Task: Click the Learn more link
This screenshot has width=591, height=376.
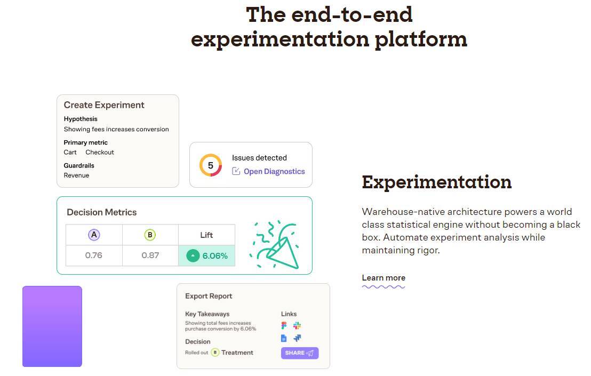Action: [x=384, y=278]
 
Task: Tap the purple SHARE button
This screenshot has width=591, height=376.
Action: [x=300, y=353]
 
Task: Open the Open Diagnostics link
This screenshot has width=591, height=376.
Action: [x=274, y=171]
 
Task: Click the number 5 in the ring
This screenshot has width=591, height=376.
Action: [x=210, y=165]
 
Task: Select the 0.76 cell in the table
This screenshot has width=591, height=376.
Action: [x=94, y=255]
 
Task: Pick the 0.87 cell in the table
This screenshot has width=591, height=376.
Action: [x=150, y=255]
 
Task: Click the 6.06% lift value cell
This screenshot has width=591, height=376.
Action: [x=206, y=256]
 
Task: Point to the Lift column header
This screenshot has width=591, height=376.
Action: [x=206, y=235]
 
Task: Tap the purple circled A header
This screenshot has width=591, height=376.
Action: [x=94, y=235]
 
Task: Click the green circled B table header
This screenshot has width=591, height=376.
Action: [x=150, y=235]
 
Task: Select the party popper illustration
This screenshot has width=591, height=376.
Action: [x=274, y=244]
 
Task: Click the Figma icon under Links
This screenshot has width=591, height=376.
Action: [x=284, y=325]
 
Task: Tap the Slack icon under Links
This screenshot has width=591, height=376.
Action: [x=297, y=325]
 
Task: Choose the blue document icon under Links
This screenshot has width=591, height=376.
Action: [x=284, y=338]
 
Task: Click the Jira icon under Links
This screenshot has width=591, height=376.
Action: [x=297, y=338]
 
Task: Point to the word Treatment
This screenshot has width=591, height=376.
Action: [x=237, y=353]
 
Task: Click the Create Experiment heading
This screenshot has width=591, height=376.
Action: [x=104, y=105]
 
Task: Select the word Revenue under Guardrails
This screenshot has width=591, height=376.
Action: [x=76, y=175]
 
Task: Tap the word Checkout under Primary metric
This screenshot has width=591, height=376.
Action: [x=100, y=152]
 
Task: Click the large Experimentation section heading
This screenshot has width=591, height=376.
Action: [x=436, y=182]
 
